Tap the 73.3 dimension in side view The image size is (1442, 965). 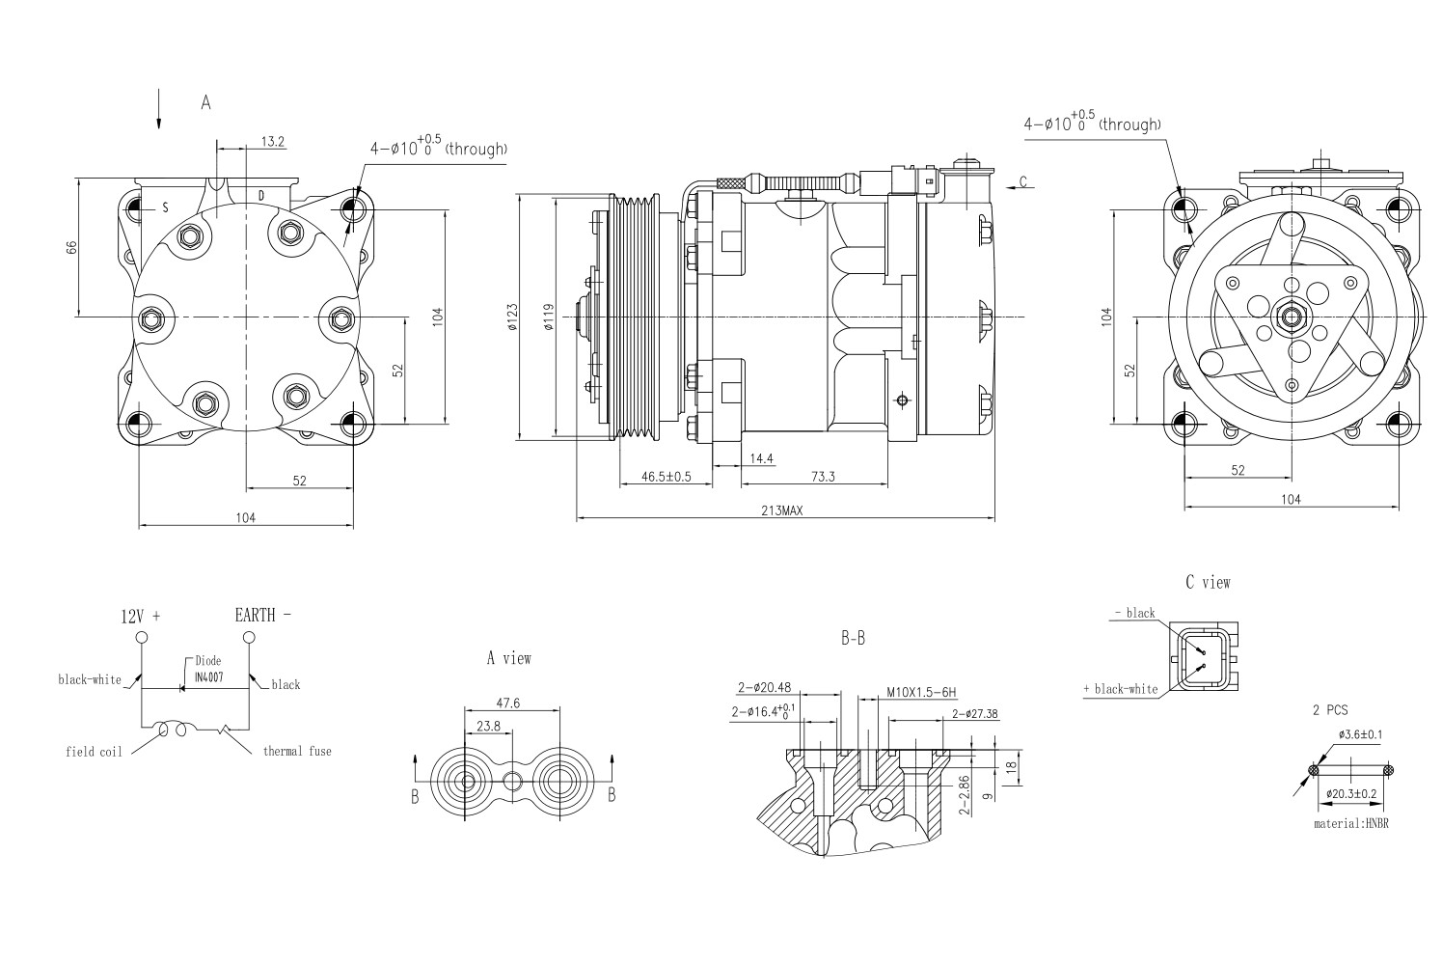pyautogui.click(x=822, y=476)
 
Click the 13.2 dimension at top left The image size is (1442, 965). pyautogui.click(x=273, y=142)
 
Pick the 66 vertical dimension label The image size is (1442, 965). pyautogui.click(x=71, y=247)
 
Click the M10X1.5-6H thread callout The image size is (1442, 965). pyautogui.click(x=920, y=692)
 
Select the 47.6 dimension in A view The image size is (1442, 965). pyautogui.click(x=508, y=703)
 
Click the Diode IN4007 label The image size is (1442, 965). pyautogui.click(x=208, y=670)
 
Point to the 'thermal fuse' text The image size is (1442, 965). pyautogui.click(x=297, y=751)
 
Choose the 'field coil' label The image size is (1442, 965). pyautogui.click(x=94, y=752)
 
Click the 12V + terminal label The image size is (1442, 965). pyautogui.click(x=140, y=616)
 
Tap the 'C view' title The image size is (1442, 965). pyautogui.click(x=1208, y=582)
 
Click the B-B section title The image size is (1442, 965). pyautogui.click(x=853, y=639)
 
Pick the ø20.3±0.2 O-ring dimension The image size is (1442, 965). pyautogui.click(x=1350, y=793)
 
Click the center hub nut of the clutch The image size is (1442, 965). pyautogui.click(x=1291, y=316)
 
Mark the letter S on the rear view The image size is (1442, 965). pyautogui.click(x=165, y=207)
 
